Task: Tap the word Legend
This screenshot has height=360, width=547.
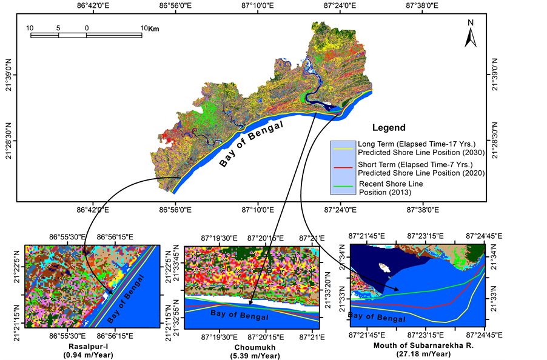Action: [x=388, y=128]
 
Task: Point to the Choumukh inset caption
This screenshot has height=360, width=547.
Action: [x=250, y=346]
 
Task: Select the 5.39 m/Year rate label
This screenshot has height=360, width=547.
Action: [x=250, y=354]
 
